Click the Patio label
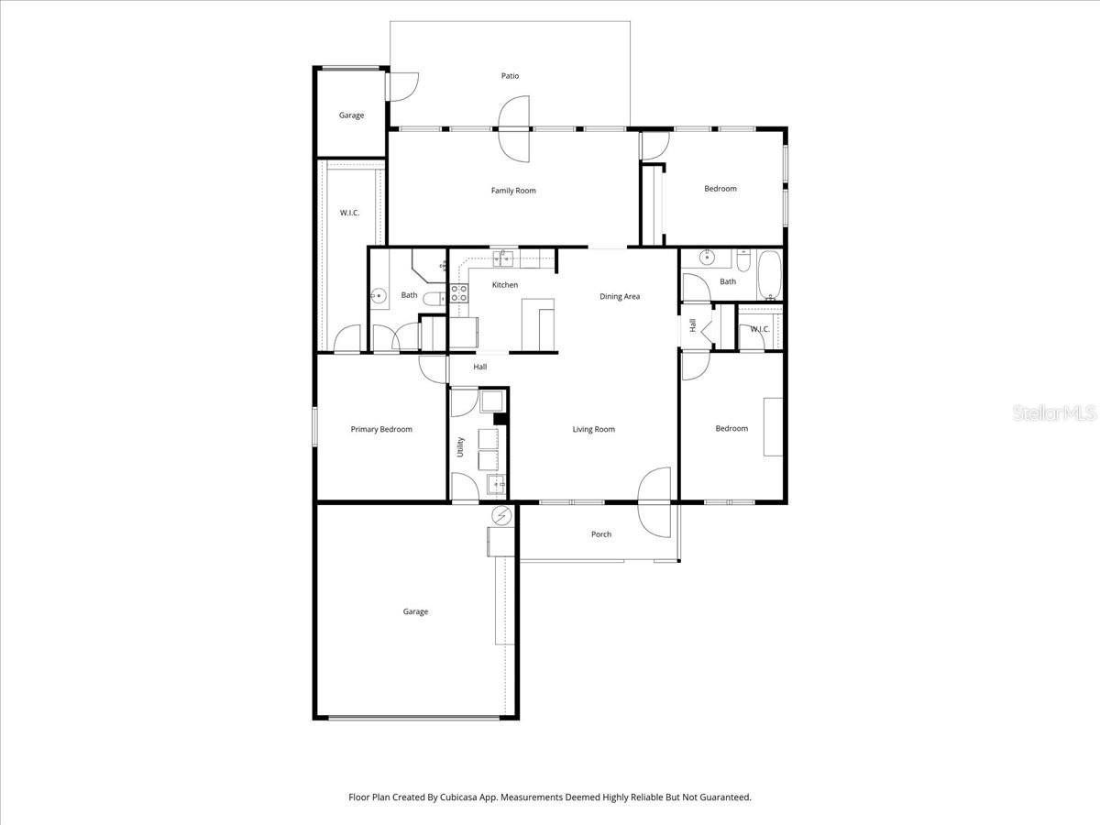point(510,76)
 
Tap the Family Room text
point(513,191)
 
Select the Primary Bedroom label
point(381,429)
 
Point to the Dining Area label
point(620,296)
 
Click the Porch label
point(601,534)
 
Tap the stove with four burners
point(458,294)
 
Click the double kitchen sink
point(503,258)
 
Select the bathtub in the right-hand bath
point(769,276)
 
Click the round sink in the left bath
point(378,296)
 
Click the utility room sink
point(495,483)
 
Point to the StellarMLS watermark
point(1054,414)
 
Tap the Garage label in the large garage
point(415,611)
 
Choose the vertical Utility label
point(460,447)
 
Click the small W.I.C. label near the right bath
point(760,329)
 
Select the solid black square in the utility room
point(500,419)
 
